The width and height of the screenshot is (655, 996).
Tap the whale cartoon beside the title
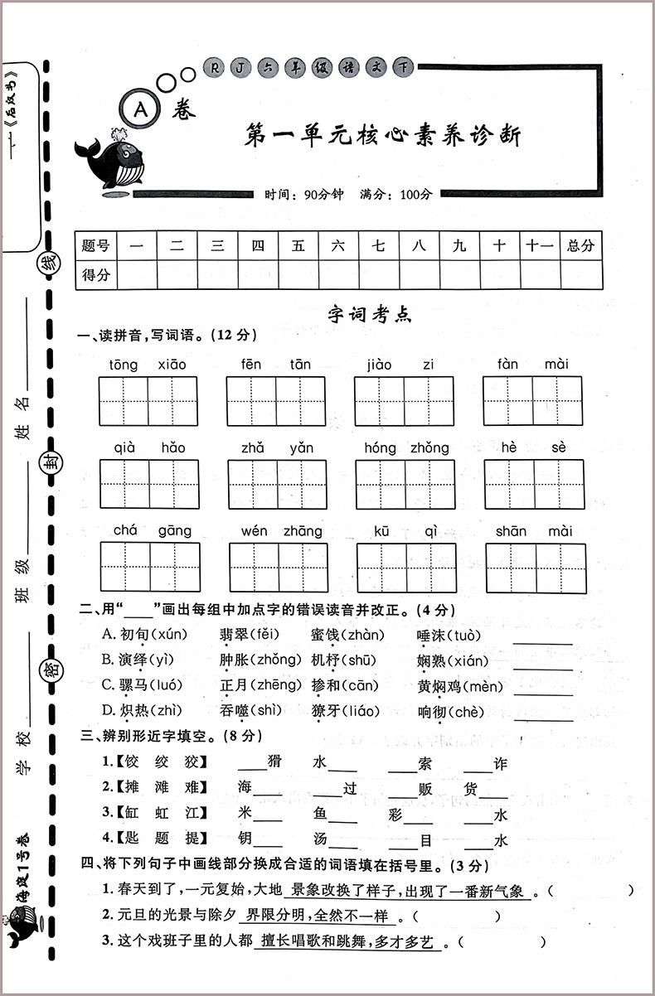click(111, 161)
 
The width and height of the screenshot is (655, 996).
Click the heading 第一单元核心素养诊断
click(383, 135)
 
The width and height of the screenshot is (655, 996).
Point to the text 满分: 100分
click(396, 195)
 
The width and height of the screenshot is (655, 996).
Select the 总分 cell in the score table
click(580, 245)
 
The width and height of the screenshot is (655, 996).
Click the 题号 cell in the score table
click(96, 245)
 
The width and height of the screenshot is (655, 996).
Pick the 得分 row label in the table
click(96, 274)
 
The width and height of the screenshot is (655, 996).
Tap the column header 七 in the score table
click(378, 245)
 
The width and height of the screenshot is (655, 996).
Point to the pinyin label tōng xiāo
click(148, 365)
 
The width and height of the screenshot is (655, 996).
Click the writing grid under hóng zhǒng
click(405, 485)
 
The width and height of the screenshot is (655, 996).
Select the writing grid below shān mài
click(536, 568)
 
